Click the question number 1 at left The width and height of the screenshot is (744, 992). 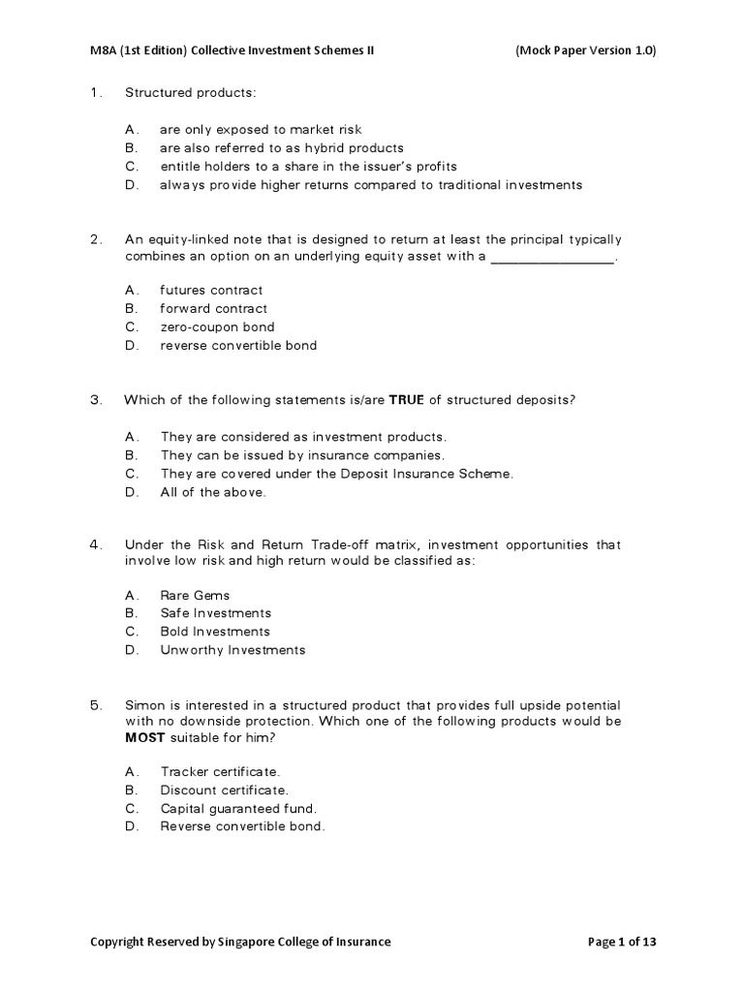click(95, 92)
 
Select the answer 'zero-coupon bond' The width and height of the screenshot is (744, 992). click(217, 327)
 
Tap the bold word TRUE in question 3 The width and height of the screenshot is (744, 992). click(407, 400)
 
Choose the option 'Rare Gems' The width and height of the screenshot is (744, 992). click(195, 595)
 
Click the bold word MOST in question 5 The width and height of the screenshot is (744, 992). click(144, 739)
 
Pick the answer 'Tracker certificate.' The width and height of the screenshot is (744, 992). click(220, 771)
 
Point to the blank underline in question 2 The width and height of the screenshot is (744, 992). click(553, 257)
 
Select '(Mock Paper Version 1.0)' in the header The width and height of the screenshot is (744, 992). click(586, 51)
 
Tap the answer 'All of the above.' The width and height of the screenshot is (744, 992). click(212, 492)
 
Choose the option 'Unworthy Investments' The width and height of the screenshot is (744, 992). click(232, 650)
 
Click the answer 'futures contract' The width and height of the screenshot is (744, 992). click(211, 291)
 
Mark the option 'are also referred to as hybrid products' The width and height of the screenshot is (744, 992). click(281, 148)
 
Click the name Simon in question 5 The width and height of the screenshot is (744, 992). click(144, 704)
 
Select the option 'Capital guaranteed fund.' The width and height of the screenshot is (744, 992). click(238, 808)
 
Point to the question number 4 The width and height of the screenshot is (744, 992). click(95, 544)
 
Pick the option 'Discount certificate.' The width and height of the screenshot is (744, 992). click(225, 790)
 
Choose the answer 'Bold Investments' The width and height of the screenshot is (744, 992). click(215, 632)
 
